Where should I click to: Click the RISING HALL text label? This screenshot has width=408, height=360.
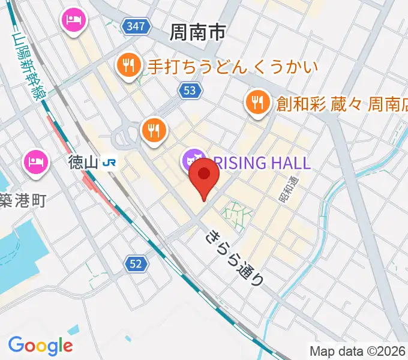tap(262, 162)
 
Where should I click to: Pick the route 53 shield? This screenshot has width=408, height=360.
tap(188, 90)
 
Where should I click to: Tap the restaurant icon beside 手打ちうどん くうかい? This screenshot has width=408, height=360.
tap(129, 65)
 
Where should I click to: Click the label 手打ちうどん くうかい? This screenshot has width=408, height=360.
tap(231, 65)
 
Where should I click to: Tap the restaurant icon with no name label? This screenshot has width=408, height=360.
tap(154, 129)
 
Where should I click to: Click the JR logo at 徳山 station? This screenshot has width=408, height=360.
tap(110, 162)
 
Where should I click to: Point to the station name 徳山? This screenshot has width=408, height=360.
tap(82, 162)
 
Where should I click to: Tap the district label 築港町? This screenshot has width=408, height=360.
tap(23, 200)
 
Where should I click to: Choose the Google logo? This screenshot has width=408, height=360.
tap(40, 346)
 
